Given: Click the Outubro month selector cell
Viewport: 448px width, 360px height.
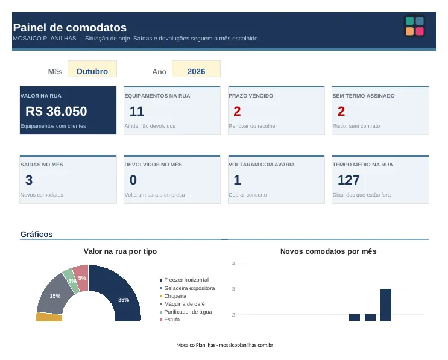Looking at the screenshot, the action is coord(92,69).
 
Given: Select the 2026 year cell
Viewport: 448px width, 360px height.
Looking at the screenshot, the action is coord(196,69).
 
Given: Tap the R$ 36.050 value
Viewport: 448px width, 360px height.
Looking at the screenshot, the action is coord(56,111).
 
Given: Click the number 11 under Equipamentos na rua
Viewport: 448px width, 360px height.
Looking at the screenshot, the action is coord(137,111).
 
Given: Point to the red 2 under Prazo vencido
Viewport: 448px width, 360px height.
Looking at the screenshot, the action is coord(237,111).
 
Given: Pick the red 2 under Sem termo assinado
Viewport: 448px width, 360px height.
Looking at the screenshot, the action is coord(341,111).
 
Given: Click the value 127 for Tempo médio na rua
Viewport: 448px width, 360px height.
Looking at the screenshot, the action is coord(349,180).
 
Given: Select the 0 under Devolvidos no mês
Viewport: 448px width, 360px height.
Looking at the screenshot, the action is coord(133,180).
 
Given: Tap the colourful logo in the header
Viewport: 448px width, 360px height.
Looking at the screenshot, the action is coord(415,26).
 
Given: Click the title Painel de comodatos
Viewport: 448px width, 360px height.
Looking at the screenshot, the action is coord(70,27).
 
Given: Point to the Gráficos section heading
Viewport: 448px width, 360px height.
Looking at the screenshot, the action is coord(37,235).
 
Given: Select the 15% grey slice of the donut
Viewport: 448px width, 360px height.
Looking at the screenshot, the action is coord(54,294).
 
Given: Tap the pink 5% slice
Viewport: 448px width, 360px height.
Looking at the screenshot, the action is coord(81,278).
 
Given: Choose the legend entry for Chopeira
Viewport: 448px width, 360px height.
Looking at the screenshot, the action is coord(173,296).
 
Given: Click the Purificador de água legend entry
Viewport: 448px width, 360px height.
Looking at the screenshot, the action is coord(186,312).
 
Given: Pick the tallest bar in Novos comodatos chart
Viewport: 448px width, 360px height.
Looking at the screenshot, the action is coord(386,305).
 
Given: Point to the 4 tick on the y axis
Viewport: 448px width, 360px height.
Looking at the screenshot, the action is coord(233,264).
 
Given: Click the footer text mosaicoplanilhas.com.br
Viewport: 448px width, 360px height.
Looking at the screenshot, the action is coord(246,345).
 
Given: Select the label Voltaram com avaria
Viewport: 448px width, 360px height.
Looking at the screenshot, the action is coord(262,165).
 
